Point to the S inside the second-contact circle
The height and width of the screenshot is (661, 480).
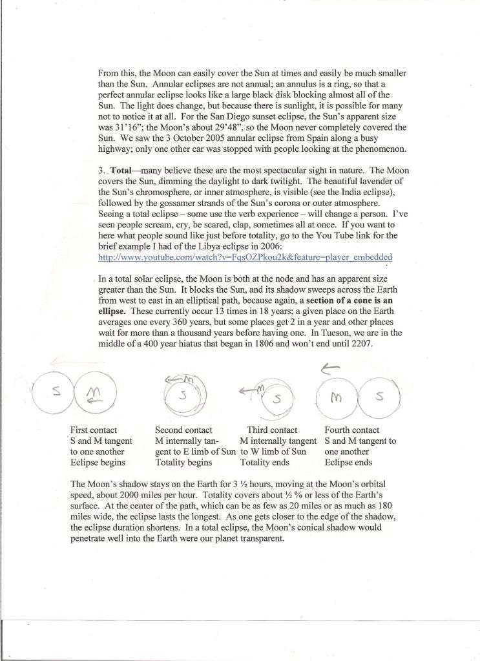click(183, 395)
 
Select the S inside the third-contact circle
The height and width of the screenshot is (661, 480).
click(277, 399)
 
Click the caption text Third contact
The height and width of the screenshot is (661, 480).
click(272, 430)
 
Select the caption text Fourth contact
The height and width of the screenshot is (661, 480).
click(352, 430)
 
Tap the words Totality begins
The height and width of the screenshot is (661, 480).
click(183, 463)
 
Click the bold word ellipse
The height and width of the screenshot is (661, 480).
click(114, 311)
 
